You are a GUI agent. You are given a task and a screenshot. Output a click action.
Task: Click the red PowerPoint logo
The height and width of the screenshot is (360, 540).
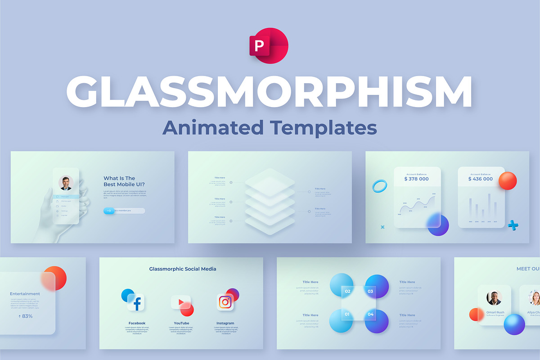click(x=269, y=45)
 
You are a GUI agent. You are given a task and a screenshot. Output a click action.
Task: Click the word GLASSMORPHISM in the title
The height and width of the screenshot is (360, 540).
click(x=269, y=92)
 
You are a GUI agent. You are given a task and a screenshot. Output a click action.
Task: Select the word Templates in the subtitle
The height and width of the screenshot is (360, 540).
click(x=324, y=127)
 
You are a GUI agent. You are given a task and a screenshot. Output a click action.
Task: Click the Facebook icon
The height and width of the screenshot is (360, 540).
click(x=136, y=303)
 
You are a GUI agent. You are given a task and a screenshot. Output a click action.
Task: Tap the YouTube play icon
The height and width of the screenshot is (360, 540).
click(x=181, y=302)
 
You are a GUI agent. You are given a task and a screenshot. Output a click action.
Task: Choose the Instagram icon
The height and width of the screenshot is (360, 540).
click(x=225, y=302)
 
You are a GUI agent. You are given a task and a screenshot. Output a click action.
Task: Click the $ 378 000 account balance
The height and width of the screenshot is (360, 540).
click(x=416, y=179)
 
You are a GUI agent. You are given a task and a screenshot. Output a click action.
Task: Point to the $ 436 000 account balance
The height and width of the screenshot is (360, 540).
click(x=480, y=179)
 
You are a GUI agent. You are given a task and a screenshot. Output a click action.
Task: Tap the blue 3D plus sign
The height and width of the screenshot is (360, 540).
click(x=513, y=225)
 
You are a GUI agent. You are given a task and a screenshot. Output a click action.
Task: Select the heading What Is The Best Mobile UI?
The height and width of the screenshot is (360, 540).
click(x=119, y=181)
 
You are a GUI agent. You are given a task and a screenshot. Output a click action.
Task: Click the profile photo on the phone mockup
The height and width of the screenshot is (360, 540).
click(x=66, y=183)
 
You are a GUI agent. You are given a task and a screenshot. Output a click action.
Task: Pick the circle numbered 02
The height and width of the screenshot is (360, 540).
click(x=347, y=291)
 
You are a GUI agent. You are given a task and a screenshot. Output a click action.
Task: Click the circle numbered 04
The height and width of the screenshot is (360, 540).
click(x=371, y=314)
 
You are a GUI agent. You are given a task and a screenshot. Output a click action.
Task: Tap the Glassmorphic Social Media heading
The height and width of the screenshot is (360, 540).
click(x=183, y=269)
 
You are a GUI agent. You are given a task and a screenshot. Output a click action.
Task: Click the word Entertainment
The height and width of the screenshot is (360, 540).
click(x=25, y=294)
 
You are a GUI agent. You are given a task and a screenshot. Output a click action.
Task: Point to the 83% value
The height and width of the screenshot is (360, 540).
click(x=25, y=316)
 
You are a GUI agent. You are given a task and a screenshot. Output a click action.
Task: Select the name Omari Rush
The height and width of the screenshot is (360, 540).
click(x=495, y=312)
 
